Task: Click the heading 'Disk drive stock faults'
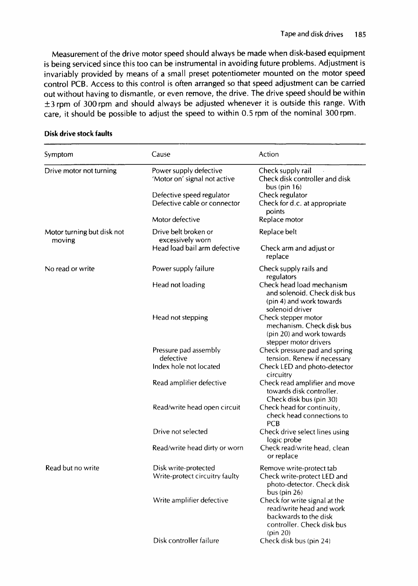78,133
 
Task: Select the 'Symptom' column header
59,155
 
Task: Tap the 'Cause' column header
161,155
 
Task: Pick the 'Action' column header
268,155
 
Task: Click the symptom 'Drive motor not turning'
80,171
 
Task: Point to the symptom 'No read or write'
70,269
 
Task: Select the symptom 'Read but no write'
72,468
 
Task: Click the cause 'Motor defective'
176,220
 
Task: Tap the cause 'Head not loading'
179,285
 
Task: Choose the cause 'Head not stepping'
180,318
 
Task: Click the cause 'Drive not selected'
180,432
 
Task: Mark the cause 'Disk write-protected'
184,468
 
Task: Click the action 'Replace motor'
281,220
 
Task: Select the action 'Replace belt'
277,232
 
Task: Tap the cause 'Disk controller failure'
186,541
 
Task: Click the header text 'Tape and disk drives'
312,34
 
